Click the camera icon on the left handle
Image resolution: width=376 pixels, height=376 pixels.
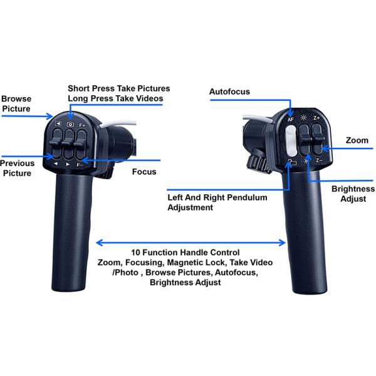70,124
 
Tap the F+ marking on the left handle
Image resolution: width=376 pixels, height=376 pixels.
82,125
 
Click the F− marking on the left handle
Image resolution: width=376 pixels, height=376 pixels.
80,165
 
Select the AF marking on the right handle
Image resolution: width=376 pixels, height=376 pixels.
291,120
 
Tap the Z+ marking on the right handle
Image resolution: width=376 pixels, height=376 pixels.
316,118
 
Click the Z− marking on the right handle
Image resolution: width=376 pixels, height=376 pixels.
319,160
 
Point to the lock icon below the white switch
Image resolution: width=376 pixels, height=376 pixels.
292,162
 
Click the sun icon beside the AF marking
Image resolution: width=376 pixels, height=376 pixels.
303,118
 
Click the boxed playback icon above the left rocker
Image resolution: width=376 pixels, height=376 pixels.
58,123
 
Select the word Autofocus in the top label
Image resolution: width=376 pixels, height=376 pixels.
229,91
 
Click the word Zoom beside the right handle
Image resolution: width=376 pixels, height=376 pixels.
357,140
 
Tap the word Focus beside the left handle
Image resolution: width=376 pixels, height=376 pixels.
144,172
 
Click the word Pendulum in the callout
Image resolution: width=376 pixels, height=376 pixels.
247,197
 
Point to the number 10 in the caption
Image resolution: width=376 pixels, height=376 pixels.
135,253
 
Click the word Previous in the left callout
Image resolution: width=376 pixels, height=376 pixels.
18,164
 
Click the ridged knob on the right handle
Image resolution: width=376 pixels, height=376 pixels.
258,164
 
